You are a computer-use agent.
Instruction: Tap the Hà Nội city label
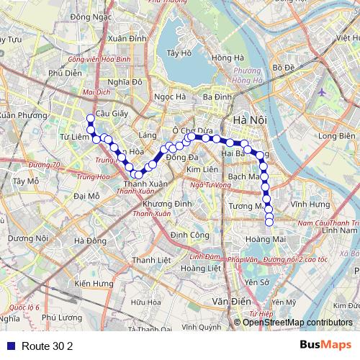[246, 120]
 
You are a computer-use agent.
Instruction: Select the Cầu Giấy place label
[111, 114]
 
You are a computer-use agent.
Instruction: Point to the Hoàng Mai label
[261, 240]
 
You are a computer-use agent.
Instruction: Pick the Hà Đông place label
[90, 241]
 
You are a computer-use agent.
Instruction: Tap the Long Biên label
[336, 135]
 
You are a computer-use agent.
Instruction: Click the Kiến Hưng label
[94, 284]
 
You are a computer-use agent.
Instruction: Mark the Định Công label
[190, 235]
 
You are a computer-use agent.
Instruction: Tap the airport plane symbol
[321, 92]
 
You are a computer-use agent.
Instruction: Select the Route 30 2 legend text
[48, 346]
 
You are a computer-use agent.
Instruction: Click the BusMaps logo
[325, 345]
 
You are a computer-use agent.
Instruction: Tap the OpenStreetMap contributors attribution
[297, 322]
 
